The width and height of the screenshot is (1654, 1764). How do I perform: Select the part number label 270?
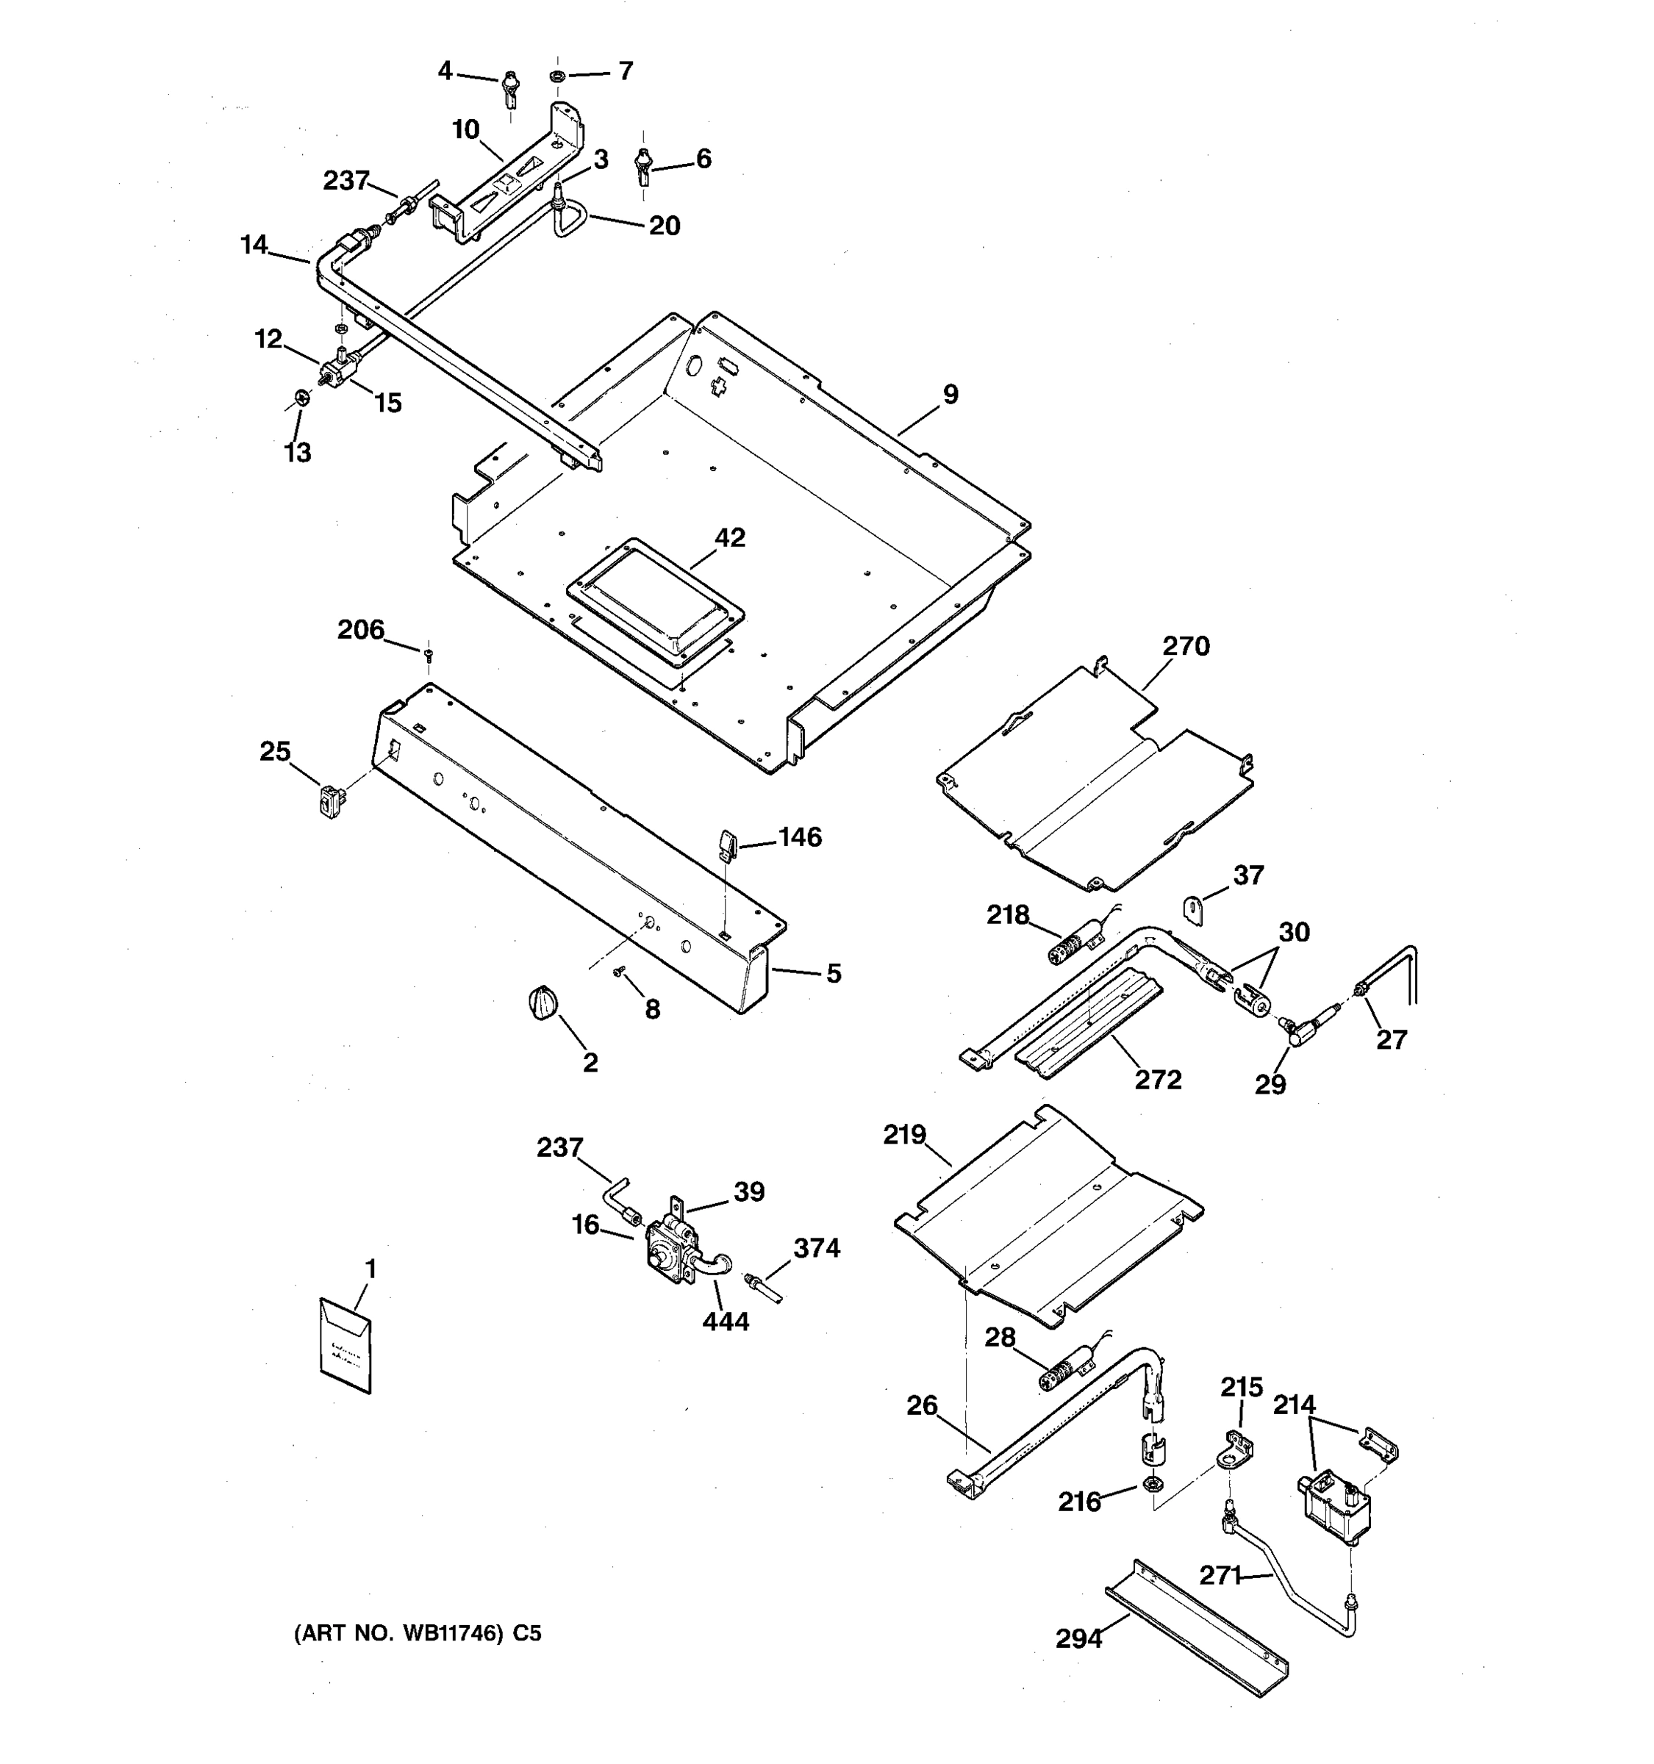pos(1186,646)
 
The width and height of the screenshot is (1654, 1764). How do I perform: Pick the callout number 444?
pos(725,1322)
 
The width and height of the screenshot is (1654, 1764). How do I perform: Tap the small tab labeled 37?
pos(1194,909)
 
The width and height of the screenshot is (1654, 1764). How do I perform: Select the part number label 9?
pos(950,394)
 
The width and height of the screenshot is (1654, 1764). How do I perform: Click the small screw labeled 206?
pos(429,654)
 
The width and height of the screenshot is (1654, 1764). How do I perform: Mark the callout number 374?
pos(817,1247)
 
